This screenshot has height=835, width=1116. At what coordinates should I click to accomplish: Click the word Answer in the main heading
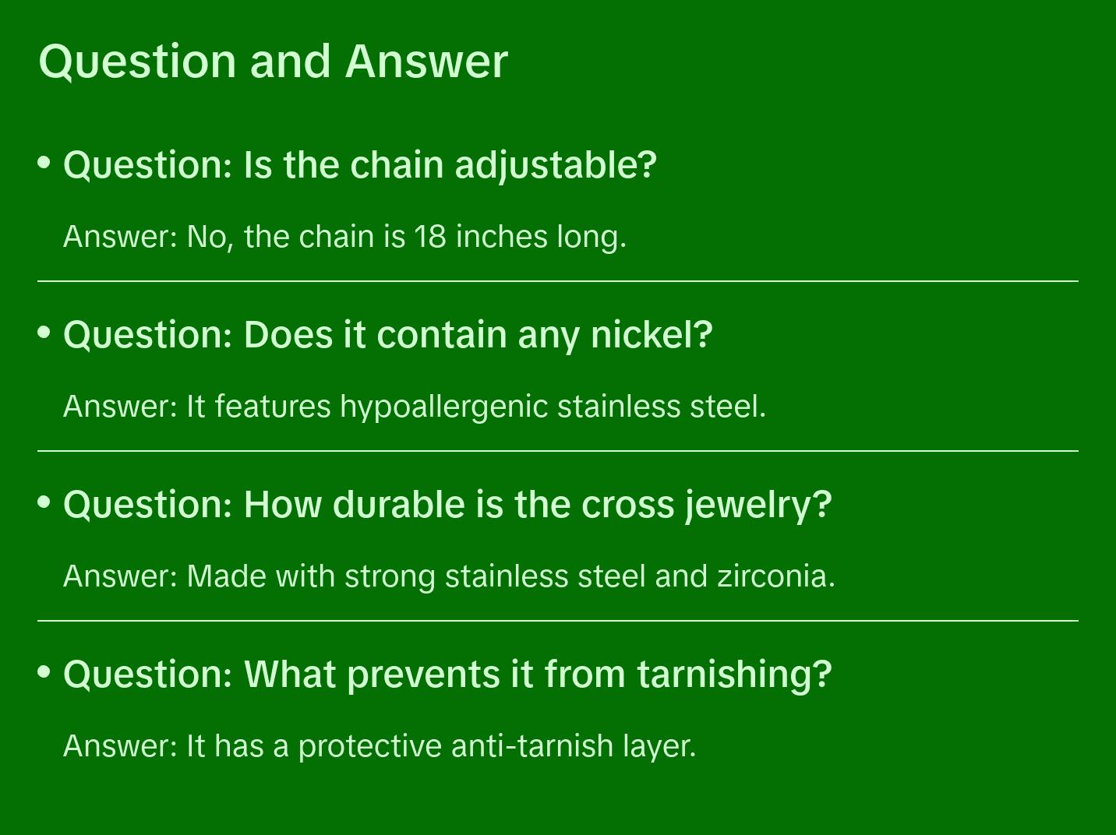(x=426, y=62)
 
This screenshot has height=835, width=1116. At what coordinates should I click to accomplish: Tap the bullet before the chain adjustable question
(x=44, y=163)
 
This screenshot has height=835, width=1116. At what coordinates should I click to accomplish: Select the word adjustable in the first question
(x=556, y=166)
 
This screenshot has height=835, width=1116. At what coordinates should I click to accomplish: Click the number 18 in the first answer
(x=430, y=237)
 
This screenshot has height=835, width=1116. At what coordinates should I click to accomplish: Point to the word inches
(x=501, y=237)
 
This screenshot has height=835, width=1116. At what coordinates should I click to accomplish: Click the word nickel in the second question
(x=652, y=335)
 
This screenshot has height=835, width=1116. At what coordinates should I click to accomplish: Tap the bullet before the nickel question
(x=44, y=332)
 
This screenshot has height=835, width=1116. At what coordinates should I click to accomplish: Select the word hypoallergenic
(x=444, y=407)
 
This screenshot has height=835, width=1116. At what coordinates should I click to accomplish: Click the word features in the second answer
(x=273, y=407)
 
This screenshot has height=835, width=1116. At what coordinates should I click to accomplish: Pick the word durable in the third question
(x=398, y=505)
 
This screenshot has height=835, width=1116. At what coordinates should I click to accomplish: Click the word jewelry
(x=758, y=506)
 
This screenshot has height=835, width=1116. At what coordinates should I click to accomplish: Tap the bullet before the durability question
(x=44, y=502)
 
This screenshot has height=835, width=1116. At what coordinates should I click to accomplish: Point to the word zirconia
(x=776, y=576)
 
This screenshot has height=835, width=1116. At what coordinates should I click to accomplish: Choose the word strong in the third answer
(x=390, y=577)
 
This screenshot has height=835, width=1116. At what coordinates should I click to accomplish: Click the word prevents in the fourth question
(x=425, y=675)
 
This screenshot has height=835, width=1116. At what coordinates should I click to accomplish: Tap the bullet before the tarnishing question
(x=44, y=671)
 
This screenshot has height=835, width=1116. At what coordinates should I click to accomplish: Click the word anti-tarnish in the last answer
(x=532, y=745)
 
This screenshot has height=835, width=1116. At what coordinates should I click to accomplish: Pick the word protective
(x=370, y=747)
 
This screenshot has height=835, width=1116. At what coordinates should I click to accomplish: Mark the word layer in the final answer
(x=659, y=747)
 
